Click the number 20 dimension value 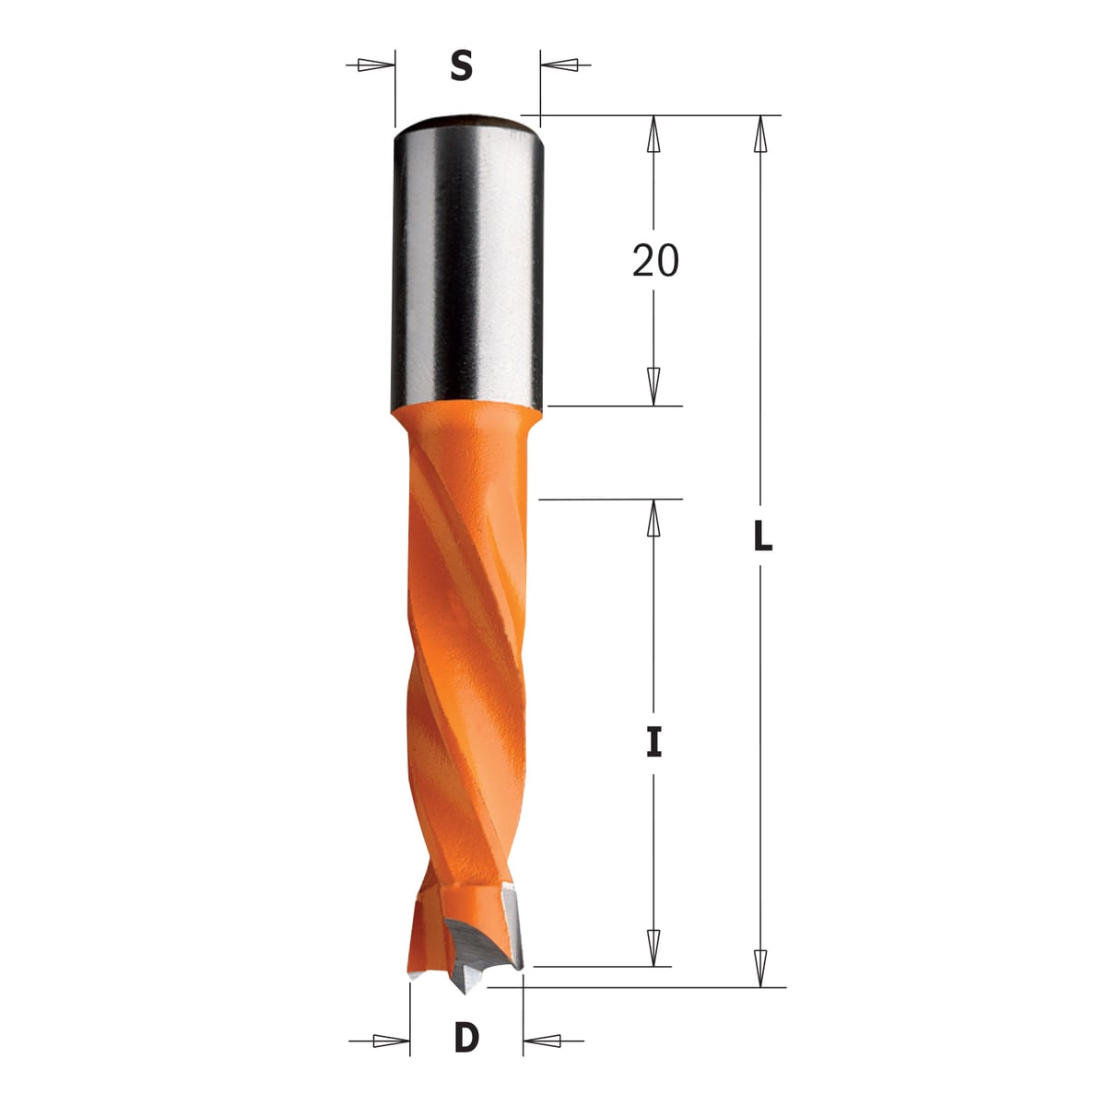coord(655,260)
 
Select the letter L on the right coord(763,536)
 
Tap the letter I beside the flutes coord(653,740)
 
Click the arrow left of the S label coord(371,65)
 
